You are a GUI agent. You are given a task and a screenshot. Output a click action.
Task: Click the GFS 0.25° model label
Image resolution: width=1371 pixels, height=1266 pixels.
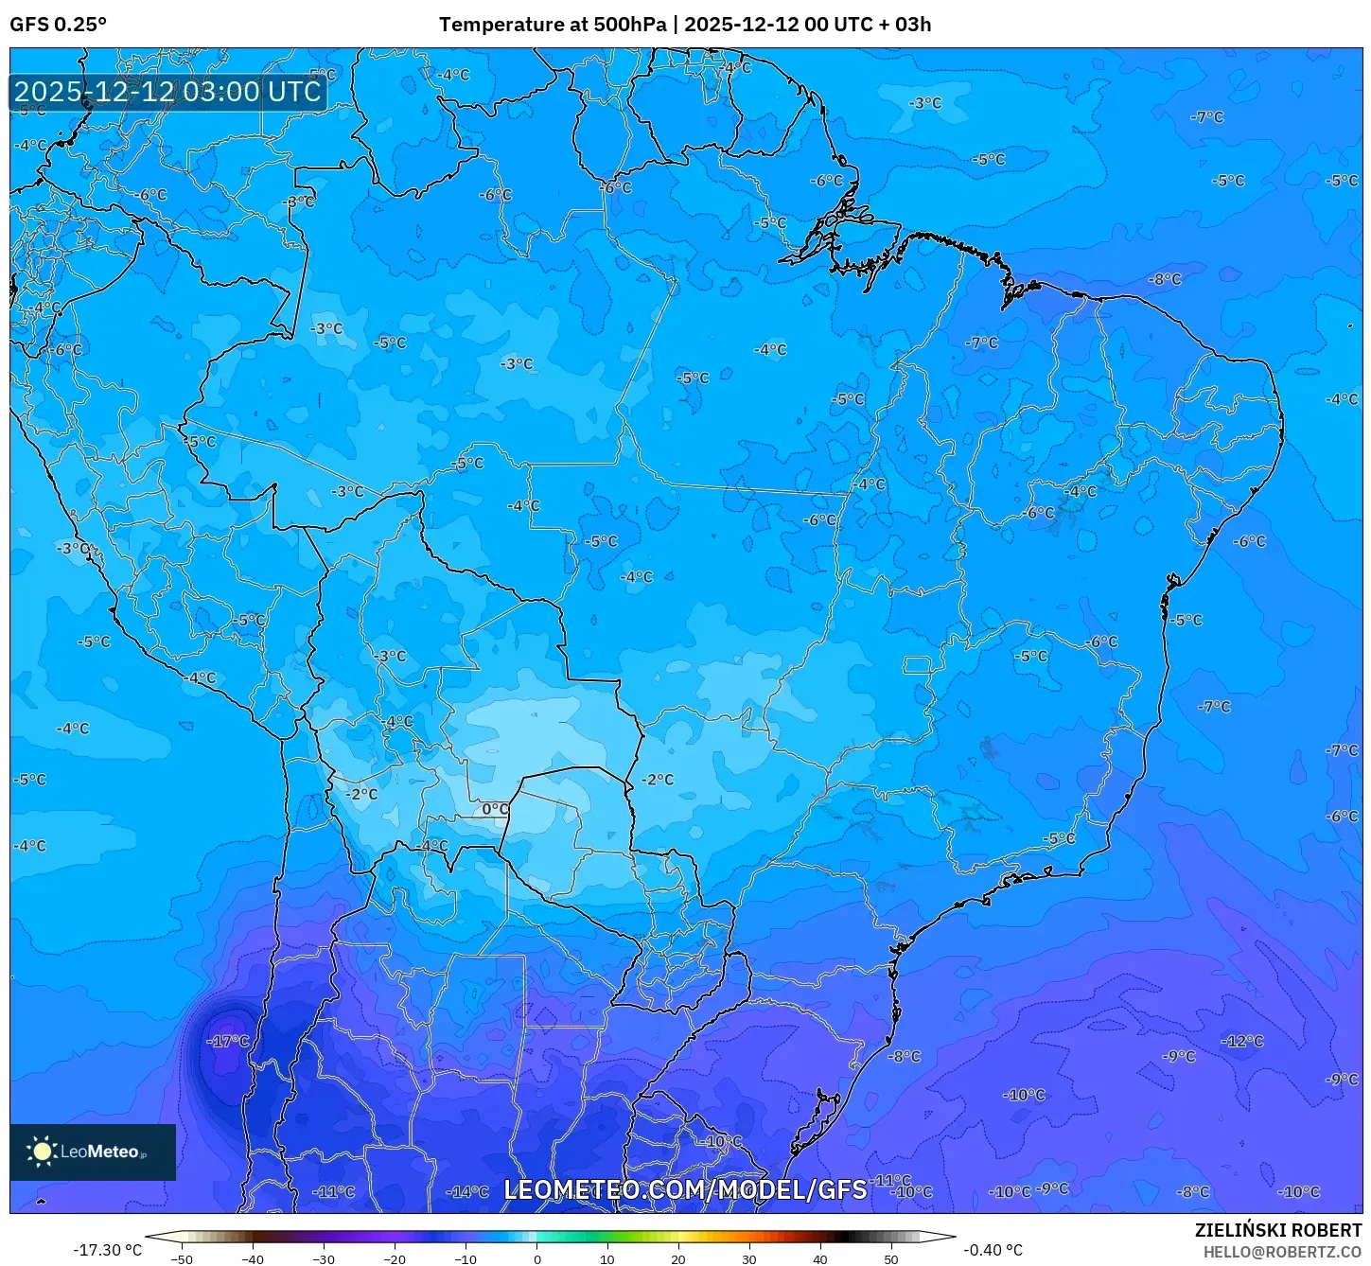58,25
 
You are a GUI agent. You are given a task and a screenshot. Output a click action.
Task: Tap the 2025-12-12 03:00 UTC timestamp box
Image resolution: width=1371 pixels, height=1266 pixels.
167,92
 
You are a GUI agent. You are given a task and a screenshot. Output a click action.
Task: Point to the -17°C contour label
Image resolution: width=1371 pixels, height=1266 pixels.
228,1041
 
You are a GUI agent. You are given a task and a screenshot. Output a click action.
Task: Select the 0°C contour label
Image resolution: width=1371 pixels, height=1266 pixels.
495,809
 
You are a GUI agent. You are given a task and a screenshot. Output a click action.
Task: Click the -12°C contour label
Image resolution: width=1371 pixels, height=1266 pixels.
1242,1041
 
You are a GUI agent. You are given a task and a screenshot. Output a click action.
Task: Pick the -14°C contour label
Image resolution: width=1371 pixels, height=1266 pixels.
467,1191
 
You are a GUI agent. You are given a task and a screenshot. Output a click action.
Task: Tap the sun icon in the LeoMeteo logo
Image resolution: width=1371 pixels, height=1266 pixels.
42,1152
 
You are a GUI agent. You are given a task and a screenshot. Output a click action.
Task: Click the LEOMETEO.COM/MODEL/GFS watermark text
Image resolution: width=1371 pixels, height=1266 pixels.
685,1189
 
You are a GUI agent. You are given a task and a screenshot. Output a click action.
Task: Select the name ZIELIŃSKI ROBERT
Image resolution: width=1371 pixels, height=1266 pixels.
1277,1230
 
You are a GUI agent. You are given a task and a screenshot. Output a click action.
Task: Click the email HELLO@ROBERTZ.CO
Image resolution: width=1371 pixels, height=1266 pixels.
1282,1252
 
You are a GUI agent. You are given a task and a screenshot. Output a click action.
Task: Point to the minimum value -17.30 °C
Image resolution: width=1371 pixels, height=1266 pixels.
107,1250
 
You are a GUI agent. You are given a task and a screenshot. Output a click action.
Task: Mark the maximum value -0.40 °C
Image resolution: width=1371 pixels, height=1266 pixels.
993,1250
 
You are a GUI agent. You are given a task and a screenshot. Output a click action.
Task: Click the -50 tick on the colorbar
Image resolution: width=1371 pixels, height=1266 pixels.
181,1259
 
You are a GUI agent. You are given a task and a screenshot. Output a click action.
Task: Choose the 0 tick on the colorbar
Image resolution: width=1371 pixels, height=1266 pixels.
536,1259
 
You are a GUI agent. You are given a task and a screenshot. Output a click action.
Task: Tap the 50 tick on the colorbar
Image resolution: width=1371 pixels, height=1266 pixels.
891,1259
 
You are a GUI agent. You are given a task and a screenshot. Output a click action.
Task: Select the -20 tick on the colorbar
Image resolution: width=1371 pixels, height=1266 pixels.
394,1259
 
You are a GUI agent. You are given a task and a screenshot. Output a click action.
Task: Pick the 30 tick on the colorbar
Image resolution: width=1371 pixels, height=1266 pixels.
749,1259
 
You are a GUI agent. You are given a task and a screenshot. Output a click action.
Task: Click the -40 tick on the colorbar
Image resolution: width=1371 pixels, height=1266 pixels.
252,1259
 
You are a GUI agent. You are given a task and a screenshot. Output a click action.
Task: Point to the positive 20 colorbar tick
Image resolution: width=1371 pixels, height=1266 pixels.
678,1259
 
